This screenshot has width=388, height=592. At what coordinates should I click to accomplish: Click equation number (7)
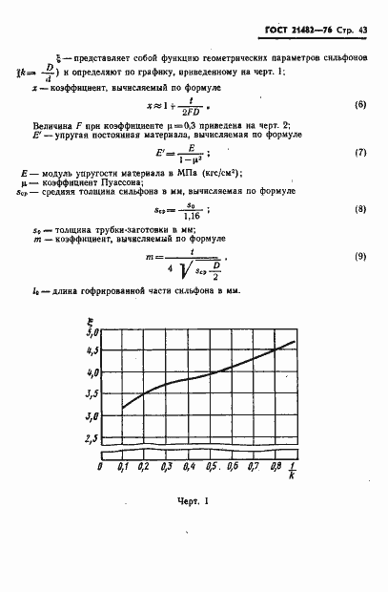(x=360, y=154)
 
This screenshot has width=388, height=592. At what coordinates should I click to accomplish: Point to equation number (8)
(x=360, y=208)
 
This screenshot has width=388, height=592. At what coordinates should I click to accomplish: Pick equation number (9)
(x=360, y=256)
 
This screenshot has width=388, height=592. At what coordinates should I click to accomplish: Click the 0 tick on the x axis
(x=100, y=468)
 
